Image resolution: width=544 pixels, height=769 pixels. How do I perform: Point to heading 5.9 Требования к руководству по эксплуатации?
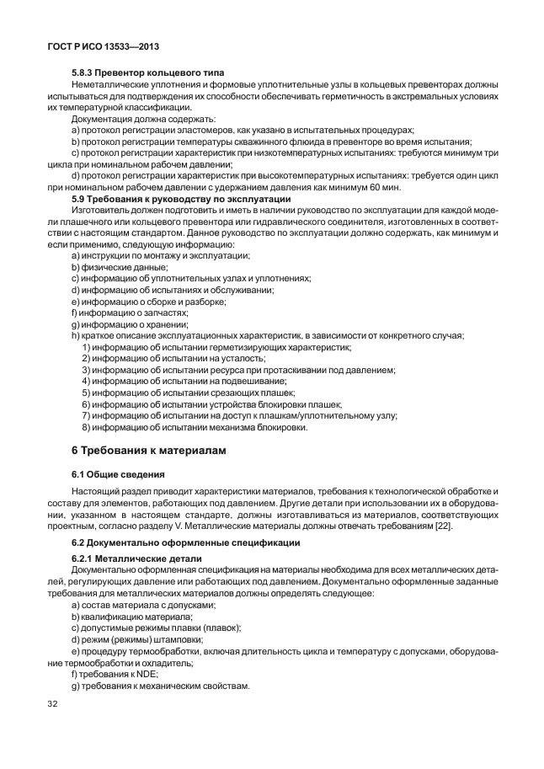(181, 199)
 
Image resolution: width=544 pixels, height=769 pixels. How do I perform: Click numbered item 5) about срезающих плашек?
(188, 393)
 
